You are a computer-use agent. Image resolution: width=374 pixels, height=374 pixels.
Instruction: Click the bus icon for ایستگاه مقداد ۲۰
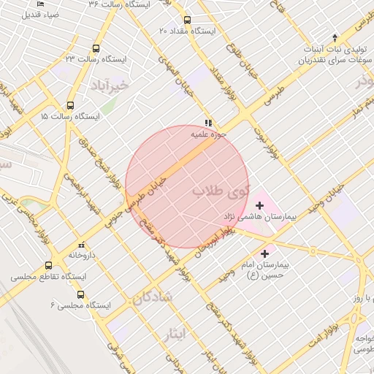tap(187, 20)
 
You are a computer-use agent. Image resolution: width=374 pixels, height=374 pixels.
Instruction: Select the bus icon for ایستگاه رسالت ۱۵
tap(70, 105)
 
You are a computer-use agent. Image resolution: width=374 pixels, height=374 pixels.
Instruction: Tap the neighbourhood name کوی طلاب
tap(221, 191)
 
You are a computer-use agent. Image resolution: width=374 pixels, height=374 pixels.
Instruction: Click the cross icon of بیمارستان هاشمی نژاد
tap(259, 206)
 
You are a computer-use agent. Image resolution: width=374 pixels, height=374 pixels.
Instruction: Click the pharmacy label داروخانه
tap(82, 255)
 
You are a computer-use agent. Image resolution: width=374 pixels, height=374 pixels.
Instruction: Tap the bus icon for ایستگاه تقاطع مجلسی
tap(49, 265)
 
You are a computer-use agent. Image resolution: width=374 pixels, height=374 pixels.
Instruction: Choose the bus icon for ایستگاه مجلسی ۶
tap(80, 294)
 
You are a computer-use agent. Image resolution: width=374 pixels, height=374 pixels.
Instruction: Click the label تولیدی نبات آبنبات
tap(335, 50)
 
